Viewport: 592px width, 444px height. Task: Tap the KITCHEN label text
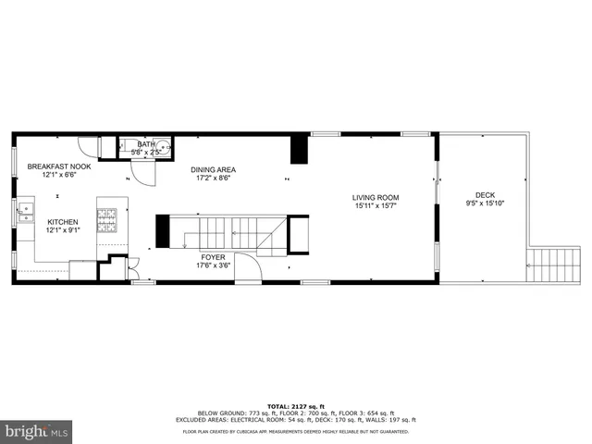(x=63, y=222)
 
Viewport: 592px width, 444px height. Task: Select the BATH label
(x=146, y=144)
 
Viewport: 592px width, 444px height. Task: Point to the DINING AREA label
(x=214, y=169)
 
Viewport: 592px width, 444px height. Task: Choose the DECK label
(x=484, y=195)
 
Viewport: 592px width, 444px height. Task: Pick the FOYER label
(x=214, y=257)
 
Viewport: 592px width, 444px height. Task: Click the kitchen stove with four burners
(x=108, y=219)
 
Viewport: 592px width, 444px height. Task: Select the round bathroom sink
(x=164, y=145)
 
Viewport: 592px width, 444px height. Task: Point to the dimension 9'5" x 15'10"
(x=484, y=203)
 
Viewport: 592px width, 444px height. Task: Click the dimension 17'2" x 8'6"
(x=214, y=178)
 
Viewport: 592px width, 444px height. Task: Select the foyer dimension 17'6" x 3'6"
(x=214, y=265)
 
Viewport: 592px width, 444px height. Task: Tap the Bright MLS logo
(x=36, y=431)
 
